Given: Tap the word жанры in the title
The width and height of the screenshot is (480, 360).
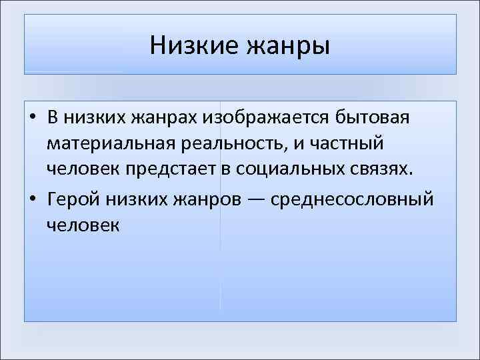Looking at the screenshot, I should click(289, 47).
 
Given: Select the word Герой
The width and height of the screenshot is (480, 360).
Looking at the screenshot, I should click(74, 198).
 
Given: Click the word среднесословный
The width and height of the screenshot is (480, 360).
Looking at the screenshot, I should click(360, 198).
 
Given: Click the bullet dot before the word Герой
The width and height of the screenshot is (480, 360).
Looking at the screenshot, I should click(32, 199).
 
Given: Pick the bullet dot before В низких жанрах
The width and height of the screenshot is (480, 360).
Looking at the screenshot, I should click(32, 118).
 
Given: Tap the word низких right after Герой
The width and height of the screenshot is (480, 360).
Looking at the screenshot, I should click(138, 198).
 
